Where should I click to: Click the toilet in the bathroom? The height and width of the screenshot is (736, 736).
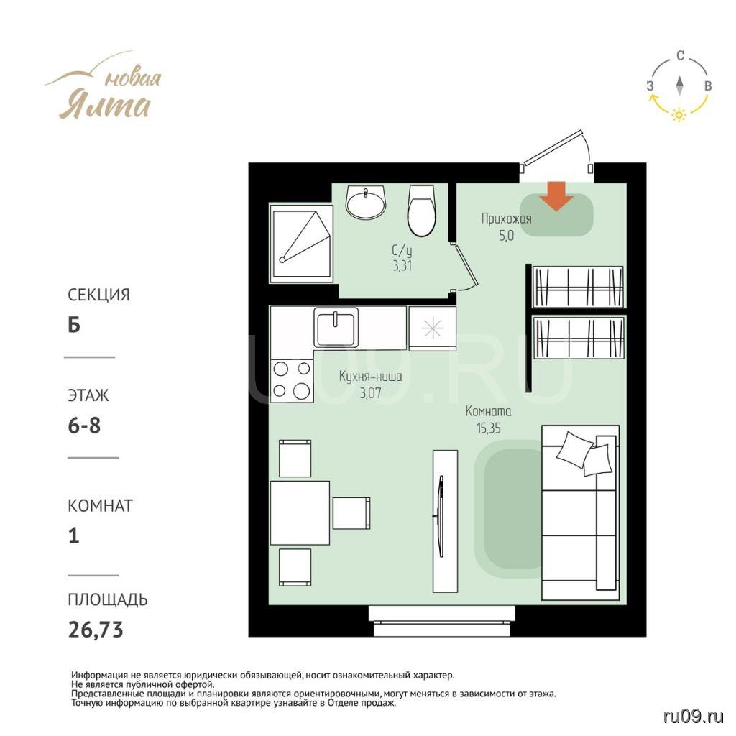point(421,210)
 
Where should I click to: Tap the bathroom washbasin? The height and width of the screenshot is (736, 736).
point(366,201)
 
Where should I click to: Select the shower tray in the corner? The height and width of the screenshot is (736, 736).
point(301,244)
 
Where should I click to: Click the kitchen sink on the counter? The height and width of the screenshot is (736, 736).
point(336,327)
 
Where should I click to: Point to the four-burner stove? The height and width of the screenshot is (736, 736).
point(292,381)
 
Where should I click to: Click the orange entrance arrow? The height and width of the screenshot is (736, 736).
point(556,195)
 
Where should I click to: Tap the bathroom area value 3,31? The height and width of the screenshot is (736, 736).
point(402,266)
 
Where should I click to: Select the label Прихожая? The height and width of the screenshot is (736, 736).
point(507,218)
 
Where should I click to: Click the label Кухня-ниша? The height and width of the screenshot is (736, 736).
point(370,377)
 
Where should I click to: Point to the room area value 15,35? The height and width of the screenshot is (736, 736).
point(489,428)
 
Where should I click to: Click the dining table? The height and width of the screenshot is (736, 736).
point(300,512)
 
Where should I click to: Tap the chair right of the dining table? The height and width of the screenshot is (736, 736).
point(351,513)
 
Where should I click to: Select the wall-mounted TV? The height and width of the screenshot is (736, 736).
point(441,516)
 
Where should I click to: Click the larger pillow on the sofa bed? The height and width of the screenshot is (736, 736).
point(575,448)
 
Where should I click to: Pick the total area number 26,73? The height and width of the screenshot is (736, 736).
point(96,630)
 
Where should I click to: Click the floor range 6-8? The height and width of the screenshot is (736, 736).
point(85,425)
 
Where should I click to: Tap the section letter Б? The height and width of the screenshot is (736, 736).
point(74,325)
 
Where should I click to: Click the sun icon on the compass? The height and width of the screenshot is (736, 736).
point(678,114)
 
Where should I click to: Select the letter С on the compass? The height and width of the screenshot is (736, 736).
point(680,56)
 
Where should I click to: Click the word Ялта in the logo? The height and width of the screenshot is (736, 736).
point(105,104)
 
